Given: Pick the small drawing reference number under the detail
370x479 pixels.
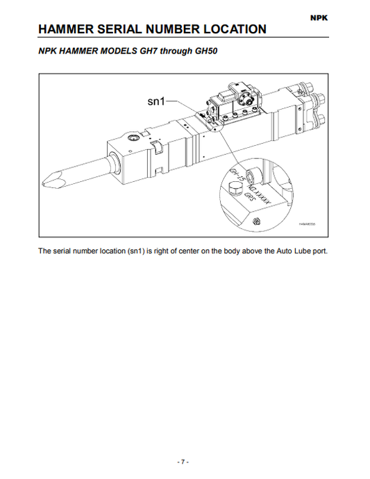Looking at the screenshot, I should [x=307, y=224].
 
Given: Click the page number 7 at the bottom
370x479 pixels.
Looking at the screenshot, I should [x=184, y=462].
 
